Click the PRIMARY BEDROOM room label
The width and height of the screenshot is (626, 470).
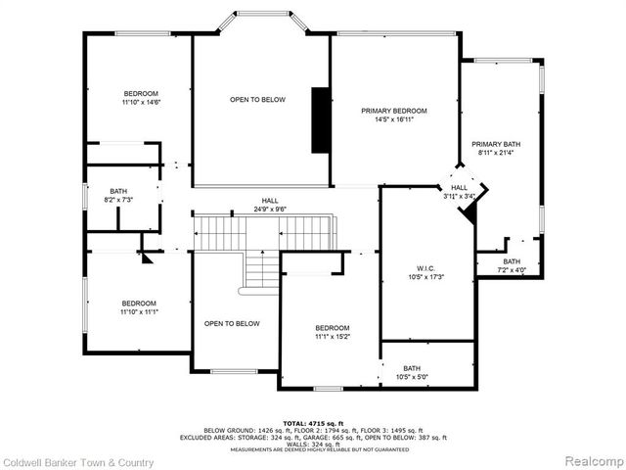pyautogui.click(x=394, y=112)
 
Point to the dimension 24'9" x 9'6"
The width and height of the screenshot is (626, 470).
pyautogui.click(x=255, y=209)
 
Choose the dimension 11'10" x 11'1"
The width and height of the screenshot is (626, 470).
pyautogui.click(x=139, y=312)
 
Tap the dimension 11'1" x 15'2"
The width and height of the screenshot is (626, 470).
pyautogui.click(x=332, y=337)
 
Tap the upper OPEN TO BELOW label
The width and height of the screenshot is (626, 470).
pyautogui.click(x=257, y=100)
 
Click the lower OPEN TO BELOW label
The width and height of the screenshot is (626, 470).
pyautogui.click(x=232, y=323)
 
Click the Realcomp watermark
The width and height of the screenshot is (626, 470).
pyautogui.click(x=589, y=460)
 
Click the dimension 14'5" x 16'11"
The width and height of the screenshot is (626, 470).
pyautogui.click(x=394, y=120)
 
